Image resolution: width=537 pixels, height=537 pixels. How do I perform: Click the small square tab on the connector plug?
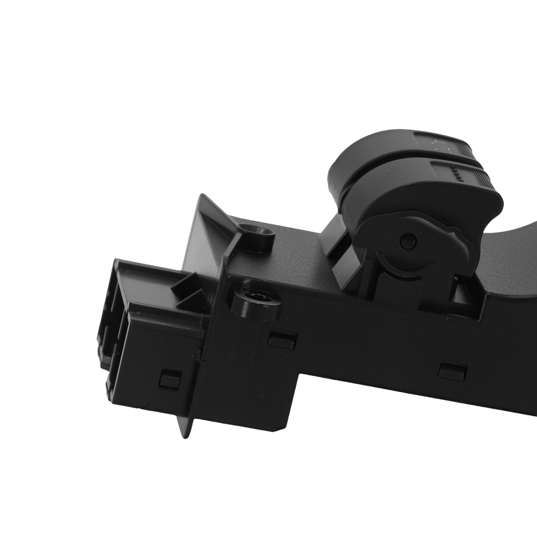(x=170, y=380)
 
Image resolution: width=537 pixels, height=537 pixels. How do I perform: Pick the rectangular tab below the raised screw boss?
(x=282, y=340)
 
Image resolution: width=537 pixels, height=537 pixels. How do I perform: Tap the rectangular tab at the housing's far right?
(x=452, y=372)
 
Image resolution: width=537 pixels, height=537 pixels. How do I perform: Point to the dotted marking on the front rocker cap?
(x=456, y=174)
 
